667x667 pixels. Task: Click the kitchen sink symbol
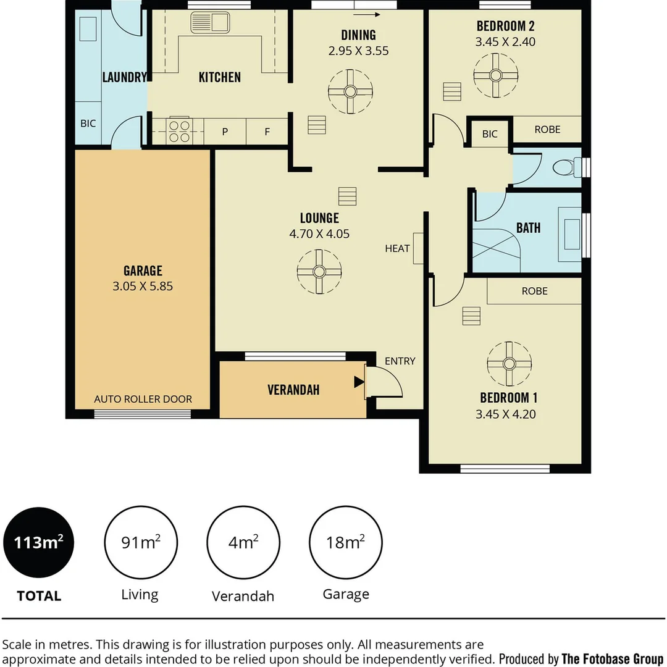[x=210, y=23]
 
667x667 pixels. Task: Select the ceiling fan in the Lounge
[x=319, y=271]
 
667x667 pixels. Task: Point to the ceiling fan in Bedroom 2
[x=495, y=76]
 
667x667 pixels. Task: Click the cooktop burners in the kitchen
[x=179, y=132]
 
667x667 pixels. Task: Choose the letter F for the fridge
[x=267, y=132]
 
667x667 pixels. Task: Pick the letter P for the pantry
[x=225, y=132]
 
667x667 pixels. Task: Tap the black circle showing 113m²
[x=39, y=542]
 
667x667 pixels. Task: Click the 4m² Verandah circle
[x=243, y=542]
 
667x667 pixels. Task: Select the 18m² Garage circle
[x=345, y=542]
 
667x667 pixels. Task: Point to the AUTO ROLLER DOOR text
[x=143, y=399]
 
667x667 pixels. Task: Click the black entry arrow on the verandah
[x=359, y=382]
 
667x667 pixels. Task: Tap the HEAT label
[x=397, y=248]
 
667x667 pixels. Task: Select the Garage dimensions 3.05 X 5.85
[x=143, y=287]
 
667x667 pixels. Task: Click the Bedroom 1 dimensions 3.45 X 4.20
[x=505, y=414]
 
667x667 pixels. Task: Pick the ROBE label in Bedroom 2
[x=547, y=129]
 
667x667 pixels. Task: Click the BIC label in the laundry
[x=88, y=124]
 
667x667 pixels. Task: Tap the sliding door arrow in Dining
[x=367, y=14]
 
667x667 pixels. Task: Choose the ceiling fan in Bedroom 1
[x=509, y=364]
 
